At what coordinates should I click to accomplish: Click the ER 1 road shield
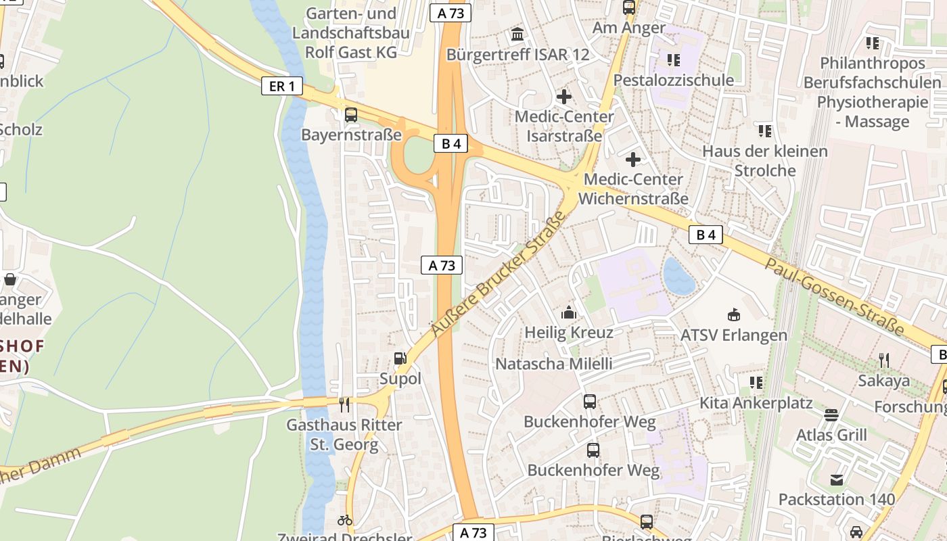click(282, 86)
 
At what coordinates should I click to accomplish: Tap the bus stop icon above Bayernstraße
click(350, 115)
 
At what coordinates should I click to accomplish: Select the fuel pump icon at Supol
click(400, 358)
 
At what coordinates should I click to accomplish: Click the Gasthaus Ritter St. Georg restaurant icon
click(345, 404)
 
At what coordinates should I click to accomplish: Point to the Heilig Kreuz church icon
click(569, 312)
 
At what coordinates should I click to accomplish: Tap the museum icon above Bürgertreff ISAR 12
click(517, 34)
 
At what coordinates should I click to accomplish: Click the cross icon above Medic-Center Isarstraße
click(563, 97)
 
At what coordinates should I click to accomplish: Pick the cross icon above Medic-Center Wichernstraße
click(633, 160)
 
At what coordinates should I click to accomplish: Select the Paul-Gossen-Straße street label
click(835, 296)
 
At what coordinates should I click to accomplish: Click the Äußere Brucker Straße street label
click(499, 273)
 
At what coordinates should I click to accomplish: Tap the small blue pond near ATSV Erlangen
click(678, 277)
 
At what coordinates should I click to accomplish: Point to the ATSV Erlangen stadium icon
click(734, 314)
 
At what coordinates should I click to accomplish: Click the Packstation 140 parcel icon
click(837, 479)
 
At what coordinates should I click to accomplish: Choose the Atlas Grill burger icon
click(831, 415)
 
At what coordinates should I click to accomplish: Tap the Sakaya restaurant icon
click(883, 360)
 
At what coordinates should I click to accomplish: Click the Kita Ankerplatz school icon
click(756, 383)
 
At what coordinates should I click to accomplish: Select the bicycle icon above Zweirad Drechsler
click(345, 520)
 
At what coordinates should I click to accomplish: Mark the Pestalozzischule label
click(673, 80)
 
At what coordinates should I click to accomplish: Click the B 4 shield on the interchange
click(451, 143)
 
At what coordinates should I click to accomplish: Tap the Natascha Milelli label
click(554, 364)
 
